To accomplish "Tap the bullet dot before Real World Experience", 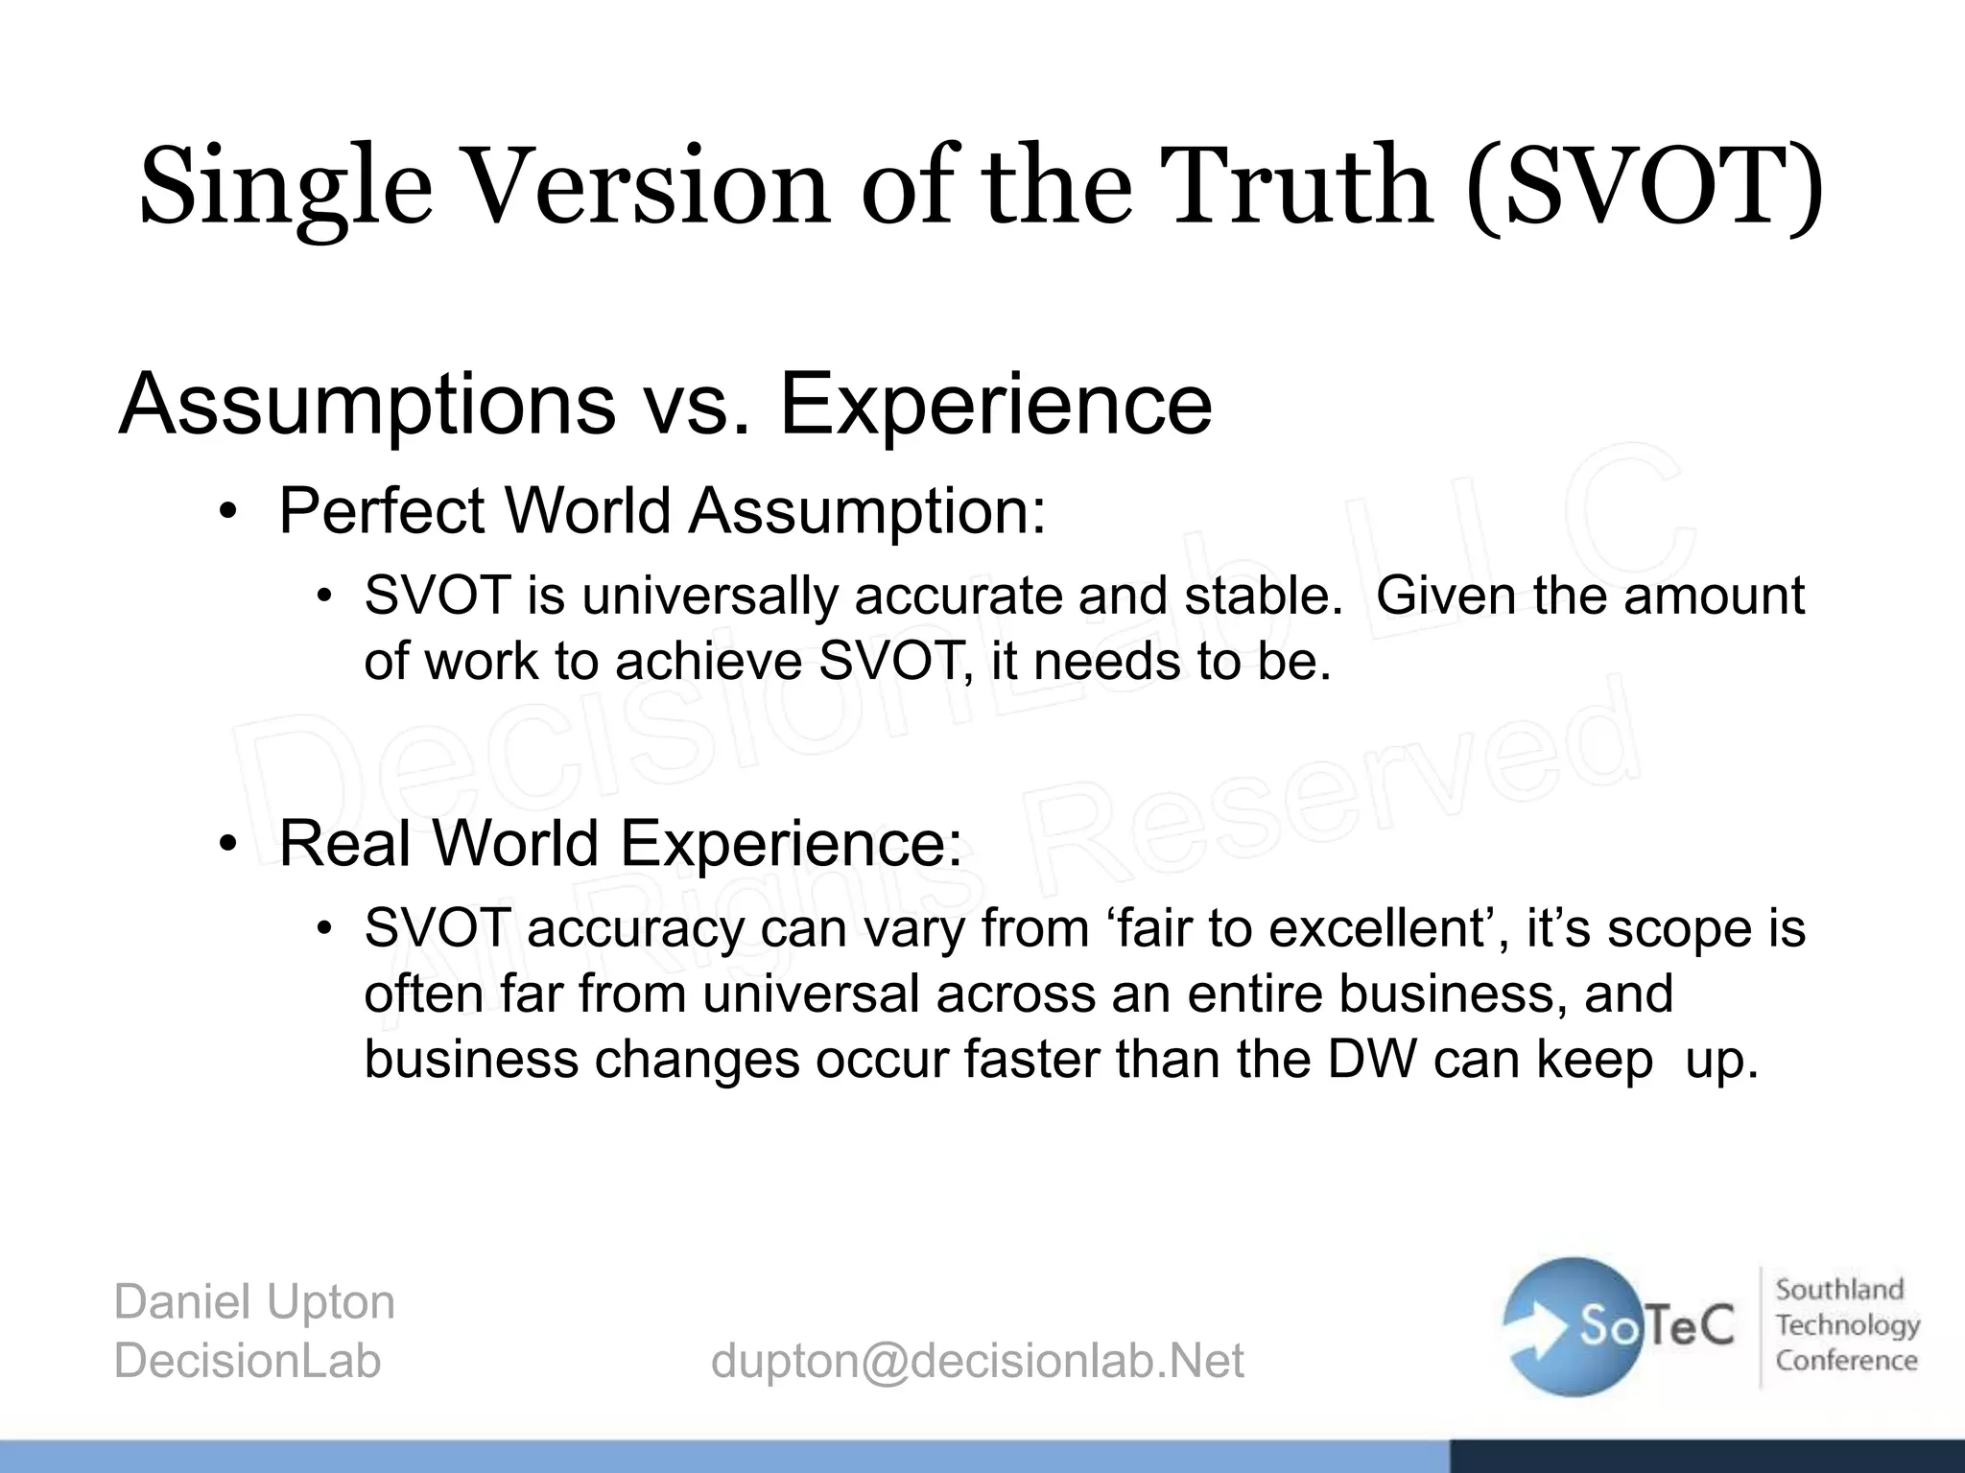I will (226, 845).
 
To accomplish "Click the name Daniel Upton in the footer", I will (254, 1302).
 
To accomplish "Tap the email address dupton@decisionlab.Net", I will (977, 1361).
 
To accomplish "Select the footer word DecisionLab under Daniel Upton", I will (248, 1361).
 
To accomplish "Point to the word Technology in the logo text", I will (1847, 1325).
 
